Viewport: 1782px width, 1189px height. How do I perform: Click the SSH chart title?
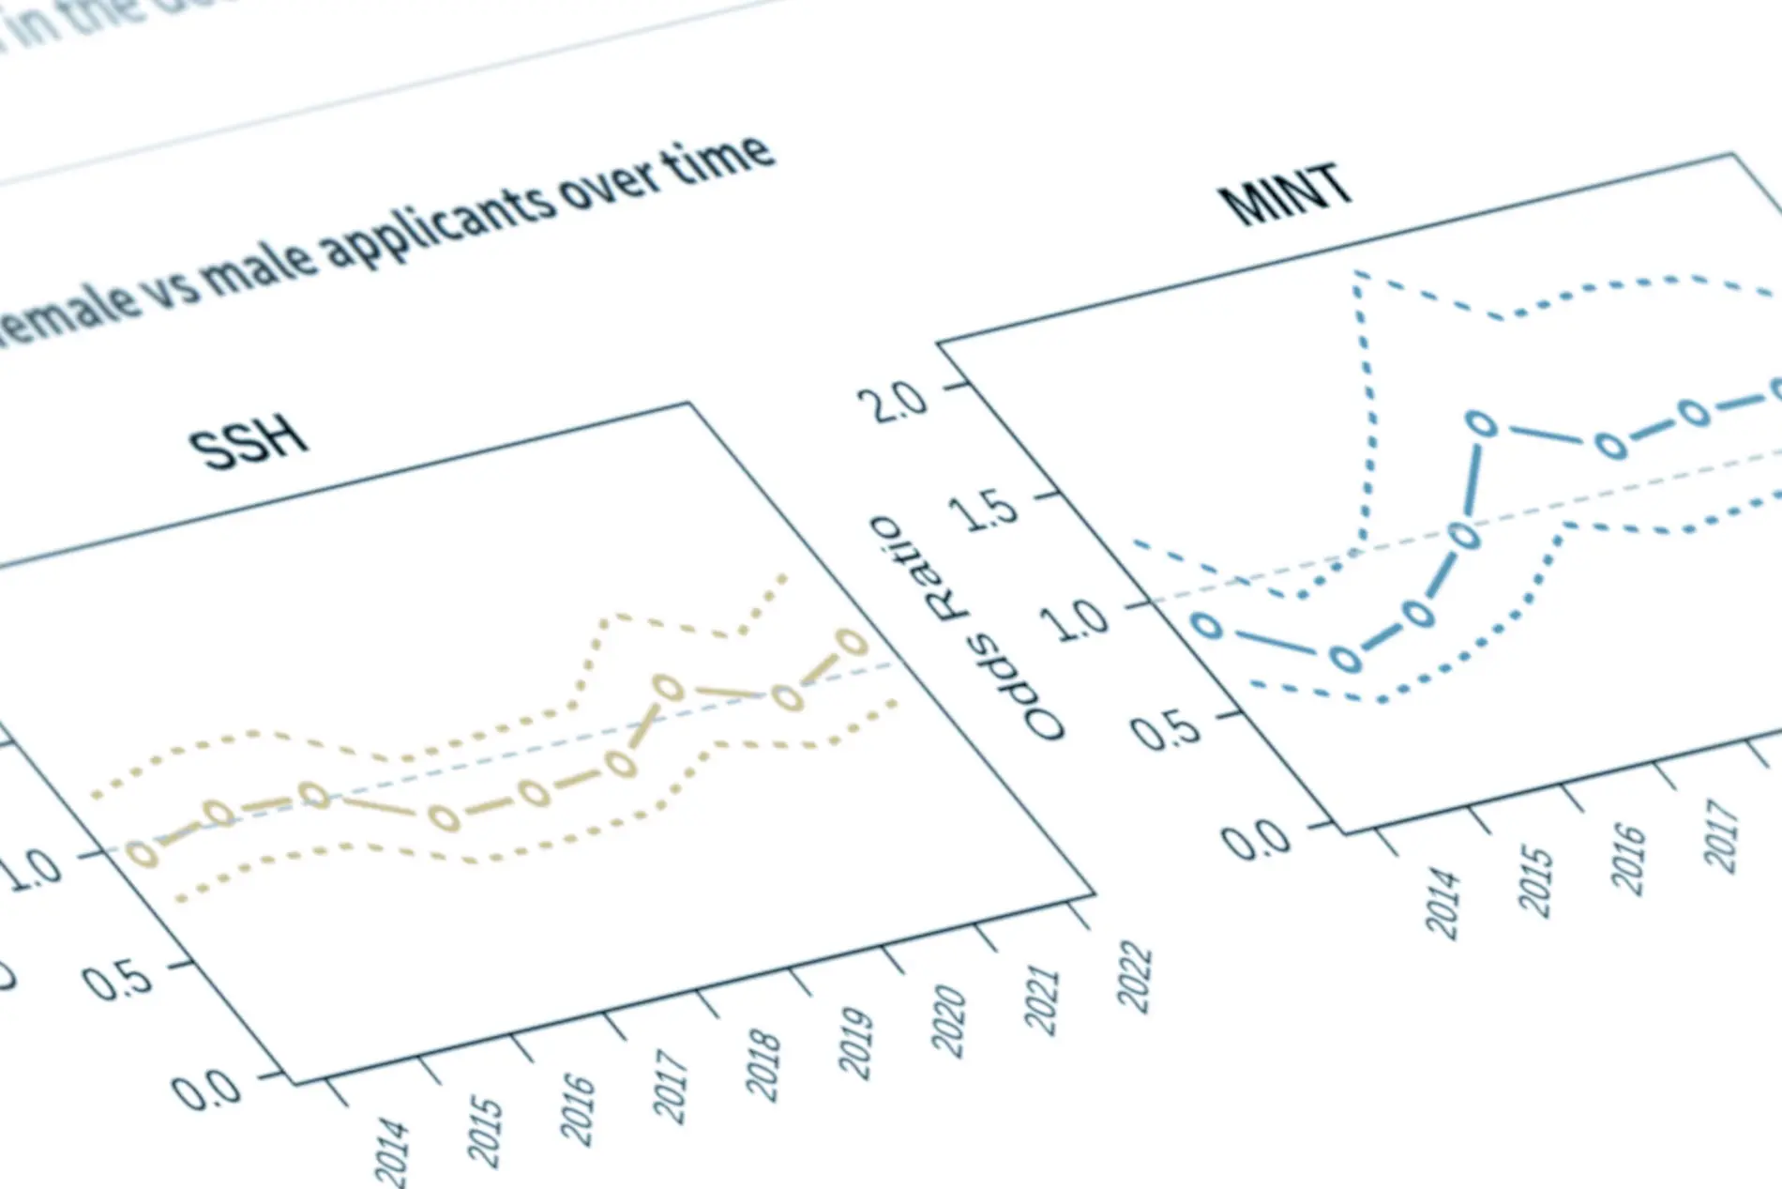[x=249, y=442]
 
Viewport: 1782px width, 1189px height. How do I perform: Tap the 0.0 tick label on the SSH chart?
[x=206, y=1090]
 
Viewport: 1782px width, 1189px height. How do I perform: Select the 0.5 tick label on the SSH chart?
[x=118, y=981]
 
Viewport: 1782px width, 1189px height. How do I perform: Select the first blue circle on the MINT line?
[x=1208, y=625]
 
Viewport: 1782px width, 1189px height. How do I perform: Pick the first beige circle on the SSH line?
[x=143, y=853]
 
